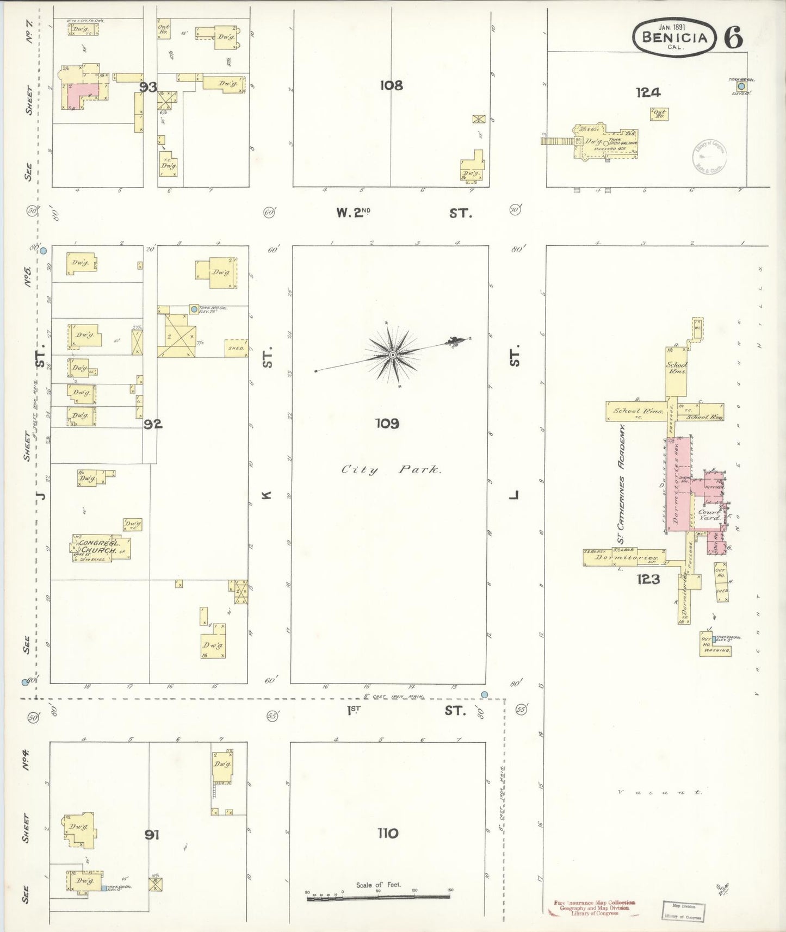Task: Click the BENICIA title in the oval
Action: (675, 37)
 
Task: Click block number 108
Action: (391, 85)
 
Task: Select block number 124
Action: (648, 92)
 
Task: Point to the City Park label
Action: (391, 469)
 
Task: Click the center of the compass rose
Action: (392, 355)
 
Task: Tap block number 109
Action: (387, 423)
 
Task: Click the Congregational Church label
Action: (98, 546)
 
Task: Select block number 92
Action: (153, 424)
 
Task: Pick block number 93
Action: (148, 87)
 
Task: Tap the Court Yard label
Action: (709, 514)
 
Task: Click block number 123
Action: (648, 579)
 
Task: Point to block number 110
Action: (387, 832)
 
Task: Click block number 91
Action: (152, 834)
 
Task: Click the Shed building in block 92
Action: (237, 348)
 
